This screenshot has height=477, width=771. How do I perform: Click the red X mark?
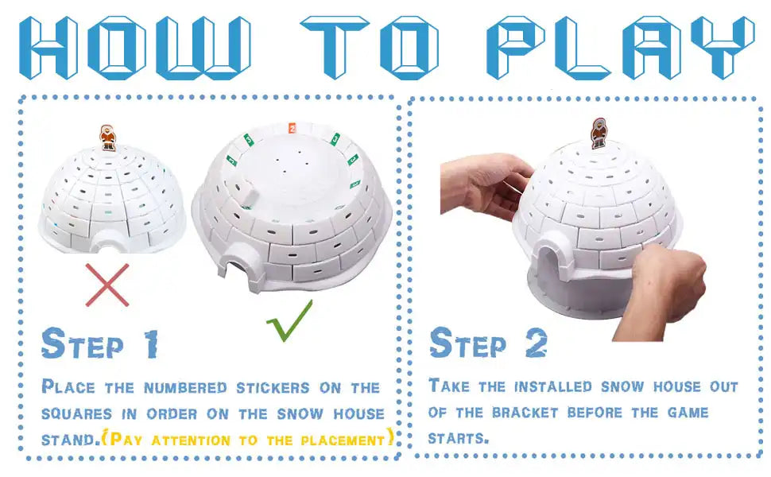point(107,285)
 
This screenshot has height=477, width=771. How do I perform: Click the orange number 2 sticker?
point(292,128)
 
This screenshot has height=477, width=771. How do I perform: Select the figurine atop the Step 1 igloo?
point(107,138)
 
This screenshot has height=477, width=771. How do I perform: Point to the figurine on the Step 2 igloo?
point(599,133)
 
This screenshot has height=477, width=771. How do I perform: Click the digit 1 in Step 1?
point(151,343)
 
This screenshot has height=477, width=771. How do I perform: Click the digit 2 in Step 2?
point(536,343)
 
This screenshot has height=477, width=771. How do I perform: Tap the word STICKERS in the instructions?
point(273,388)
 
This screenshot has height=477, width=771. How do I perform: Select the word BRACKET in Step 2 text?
point(525,412)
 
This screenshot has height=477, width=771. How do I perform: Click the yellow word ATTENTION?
point(191,440)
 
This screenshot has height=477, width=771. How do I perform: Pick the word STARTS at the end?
point(459,438)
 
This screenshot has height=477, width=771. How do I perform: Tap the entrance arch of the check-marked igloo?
point(238,262)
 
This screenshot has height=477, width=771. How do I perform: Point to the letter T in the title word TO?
point(335,47)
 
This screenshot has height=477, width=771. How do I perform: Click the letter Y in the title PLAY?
point(723,47)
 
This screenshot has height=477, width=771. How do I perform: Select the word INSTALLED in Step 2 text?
point(553,386)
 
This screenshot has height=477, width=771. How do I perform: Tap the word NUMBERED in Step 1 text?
point(185,388)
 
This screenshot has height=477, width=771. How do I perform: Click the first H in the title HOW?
point(48,47)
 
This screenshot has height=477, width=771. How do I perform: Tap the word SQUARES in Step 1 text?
point(76,414)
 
